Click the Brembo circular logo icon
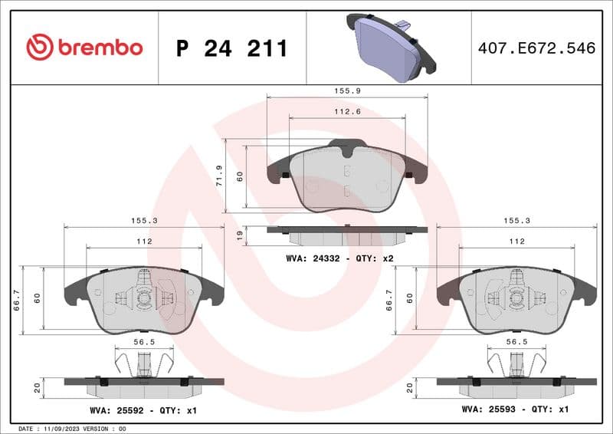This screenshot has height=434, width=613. coord(39,48)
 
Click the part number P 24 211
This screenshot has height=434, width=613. coord(231,48)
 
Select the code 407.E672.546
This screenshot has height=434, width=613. coord(536,48)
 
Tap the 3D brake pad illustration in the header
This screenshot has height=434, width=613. coord(388,45)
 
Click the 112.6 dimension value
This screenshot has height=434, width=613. coord(347,112)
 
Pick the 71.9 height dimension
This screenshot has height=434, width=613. coord(219,175)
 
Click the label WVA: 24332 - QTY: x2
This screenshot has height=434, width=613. coord(339,258)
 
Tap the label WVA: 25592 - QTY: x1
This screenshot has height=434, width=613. coord(143,410)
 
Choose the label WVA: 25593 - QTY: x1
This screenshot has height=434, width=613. coord(515,409)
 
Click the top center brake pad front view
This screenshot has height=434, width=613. coord(347,178)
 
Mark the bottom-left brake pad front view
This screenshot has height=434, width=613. coord(144,300)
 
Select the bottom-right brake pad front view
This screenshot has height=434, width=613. coord(516,300)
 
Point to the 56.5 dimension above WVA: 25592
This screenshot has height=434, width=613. coord(144,343)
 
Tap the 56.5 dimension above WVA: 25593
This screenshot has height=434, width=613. coord(516,343)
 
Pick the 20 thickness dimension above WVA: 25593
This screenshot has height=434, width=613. coord(410,388)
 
